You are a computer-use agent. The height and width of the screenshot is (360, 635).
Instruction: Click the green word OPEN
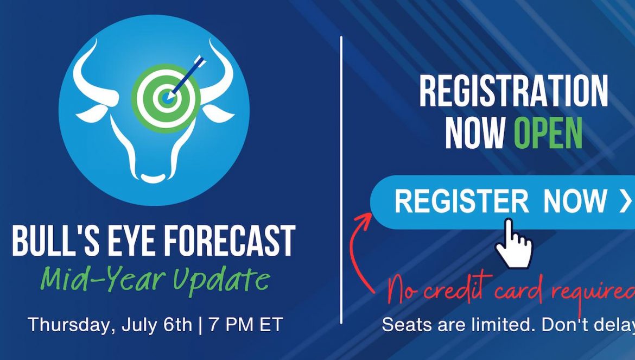click(548, 133)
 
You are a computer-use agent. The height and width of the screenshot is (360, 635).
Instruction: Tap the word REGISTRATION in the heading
click(513, 91)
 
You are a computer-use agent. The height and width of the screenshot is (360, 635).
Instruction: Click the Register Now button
click(503, 202)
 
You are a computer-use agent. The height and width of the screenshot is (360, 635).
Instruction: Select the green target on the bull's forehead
click(166, 98)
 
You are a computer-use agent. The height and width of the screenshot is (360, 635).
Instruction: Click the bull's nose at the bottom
click(153, 178)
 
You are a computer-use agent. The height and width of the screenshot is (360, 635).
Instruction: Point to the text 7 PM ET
click(245, 325)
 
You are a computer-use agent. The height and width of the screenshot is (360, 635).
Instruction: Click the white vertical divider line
click(341, 180)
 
